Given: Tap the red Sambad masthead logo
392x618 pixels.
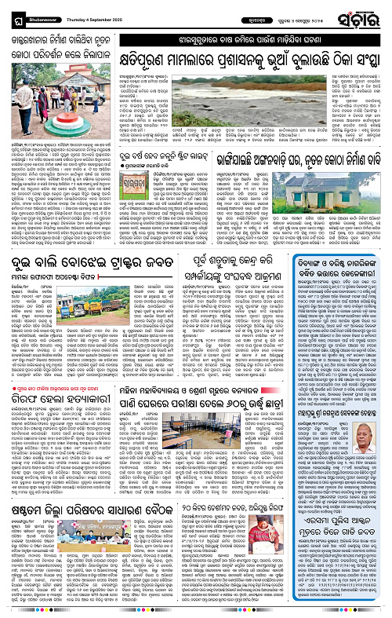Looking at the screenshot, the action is [x=365, y=13].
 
